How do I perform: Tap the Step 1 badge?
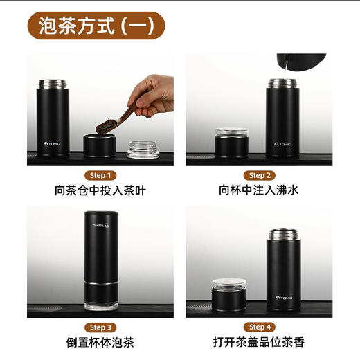pyautogui.click(x=100, y=175)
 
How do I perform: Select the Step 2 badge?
pyautogui.click(x=260, y=175)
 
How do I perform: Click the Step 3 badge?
pyautogui.click(x=100, y=327)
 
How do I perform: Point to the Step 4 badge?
pyautogui.click(x=260, y=327)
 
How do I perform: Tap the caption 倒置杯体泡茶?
pyautogui.click(x=100, y=342)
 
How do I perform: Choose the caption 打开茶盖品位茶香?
pyautogui.click(x=260, y=342)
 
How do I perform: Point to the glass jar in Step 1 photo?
pyautogui.click(x=143, y=149)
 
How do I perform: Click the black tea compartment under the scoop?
pyautogui.click(x=99, y=145)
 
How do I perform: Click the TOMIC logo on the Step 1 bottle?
pyautogui.click(x=53, y=144)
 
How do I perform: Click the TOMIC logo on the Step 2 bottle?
pyautogui.click(x=282, y=144)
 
